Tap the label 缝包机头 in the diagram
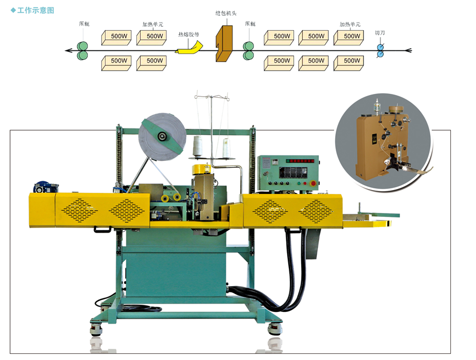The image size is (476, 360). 225,12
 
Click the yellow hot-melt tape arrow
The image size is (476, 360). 188,50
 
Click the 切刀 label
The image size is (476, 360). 379,33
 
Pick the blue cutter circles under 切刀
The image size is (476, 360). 380,50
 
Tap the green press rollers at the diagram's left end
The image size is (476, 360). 83,50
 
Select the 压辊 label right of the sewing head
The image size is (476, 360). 250,24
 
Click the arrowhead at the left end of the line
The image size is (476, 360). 68,51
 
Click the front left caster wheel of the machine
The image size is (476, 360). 96,330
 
